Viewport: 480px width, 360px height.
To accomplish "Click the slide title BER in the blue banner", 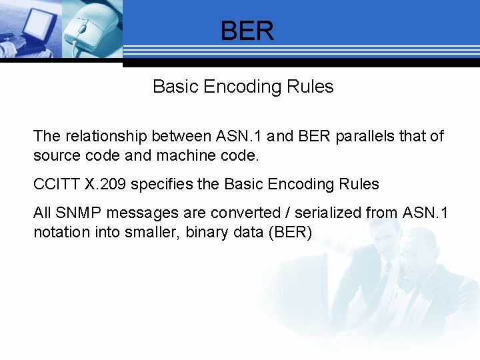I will (247, 31).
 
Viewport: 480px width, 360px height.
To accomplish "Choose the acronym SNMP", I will (75, 213).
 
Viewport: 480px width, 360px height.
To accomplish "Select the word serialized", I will (327, 213).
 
